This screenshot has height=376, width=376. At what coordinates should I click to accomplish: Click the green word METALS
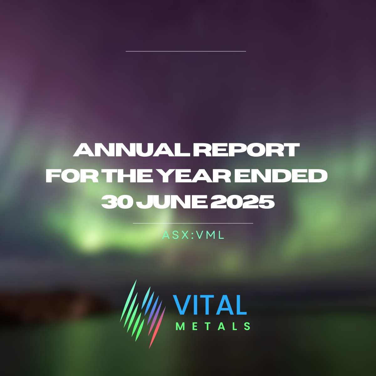pos(213,326)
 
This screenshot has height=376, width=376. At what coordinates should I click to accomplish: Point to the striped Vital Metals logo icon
pos(143,313)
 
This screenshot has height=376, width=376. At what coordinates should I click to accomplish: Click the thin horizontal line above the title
pos(186,51)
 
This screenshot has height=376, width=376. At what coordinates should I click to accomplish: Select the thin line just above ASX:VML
pos(193,223)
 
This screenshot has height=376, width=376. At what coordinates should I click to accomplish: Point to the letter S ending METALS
pos(247,326)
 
